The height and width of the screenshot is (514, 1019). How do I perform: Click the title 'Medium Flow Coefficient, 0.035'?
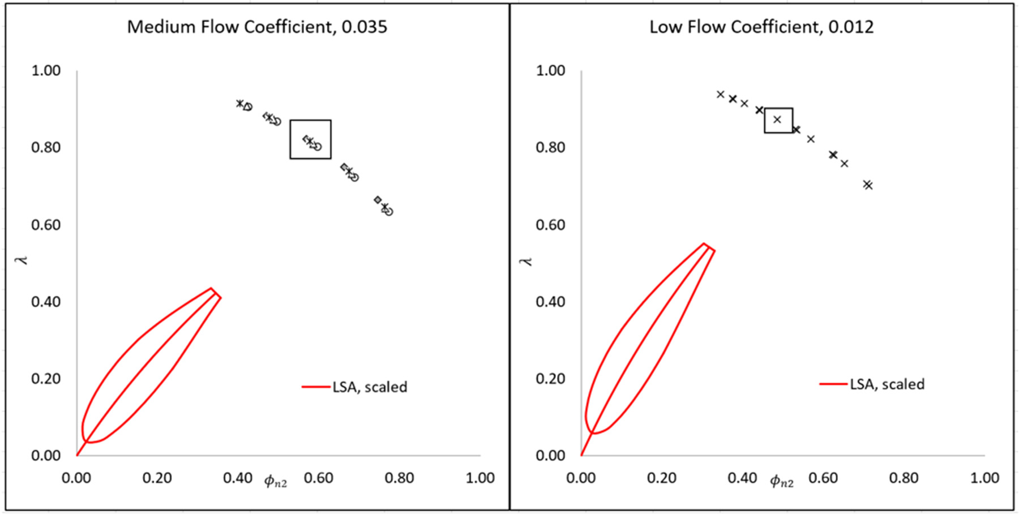pos(257,27)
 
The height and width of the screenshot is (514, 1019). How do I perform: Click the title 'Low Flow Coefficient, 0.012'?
pos(761,27)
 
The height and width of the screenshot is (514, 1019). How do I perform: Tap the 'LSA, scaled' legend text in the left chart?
pos(370,387)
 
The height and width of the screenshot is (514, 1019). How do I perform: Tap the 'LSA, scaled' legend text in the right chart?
pos(887,384)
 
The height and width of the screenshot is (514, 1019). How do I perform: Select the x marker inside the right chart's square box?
pos(777,119)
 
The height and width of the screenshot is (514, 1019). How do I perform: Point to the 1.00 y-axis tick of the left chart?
pos(46,71)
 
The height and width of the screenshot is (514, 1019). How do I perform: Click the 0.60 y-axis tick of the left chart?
pos(46,225)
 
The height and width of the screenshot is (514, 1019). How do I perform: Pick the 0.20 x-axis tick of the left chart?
pos(157,478)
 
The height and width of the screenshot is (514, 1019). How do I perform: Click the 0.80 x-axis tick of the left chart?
pos(399,478)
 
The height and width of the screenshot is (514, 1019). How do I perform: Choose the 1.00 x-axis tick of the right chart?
pos(984,478)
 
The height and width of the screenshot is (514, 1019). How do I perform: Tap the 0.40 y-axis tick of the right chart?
pos(550,302)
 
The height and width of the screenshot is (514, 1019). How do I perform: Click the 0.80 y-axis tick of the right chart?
pos(550,148)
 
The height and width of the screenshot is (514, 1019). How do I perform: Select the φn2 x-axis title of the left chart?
pos(276,482)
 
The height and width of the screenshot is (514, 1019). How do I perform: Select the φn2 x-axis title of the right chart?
pos(782,482)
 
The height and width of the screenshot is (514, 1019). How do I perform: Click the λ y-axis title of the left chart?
pos(23,260)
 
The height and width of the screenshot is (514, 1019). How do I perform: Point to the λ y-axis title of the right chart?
pos(527,261)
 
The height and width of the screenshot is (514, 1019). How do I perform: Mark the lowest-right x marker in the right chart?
pos(868,185)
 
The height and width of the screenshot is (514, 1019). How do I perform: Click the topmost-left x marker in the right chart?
pos(721,95)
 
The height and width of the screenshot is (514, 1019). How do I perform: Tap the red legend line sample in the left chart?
pos(316,387)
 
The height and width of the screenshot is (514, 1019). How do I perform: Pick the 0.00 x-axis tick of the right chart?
pos(581,478)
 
